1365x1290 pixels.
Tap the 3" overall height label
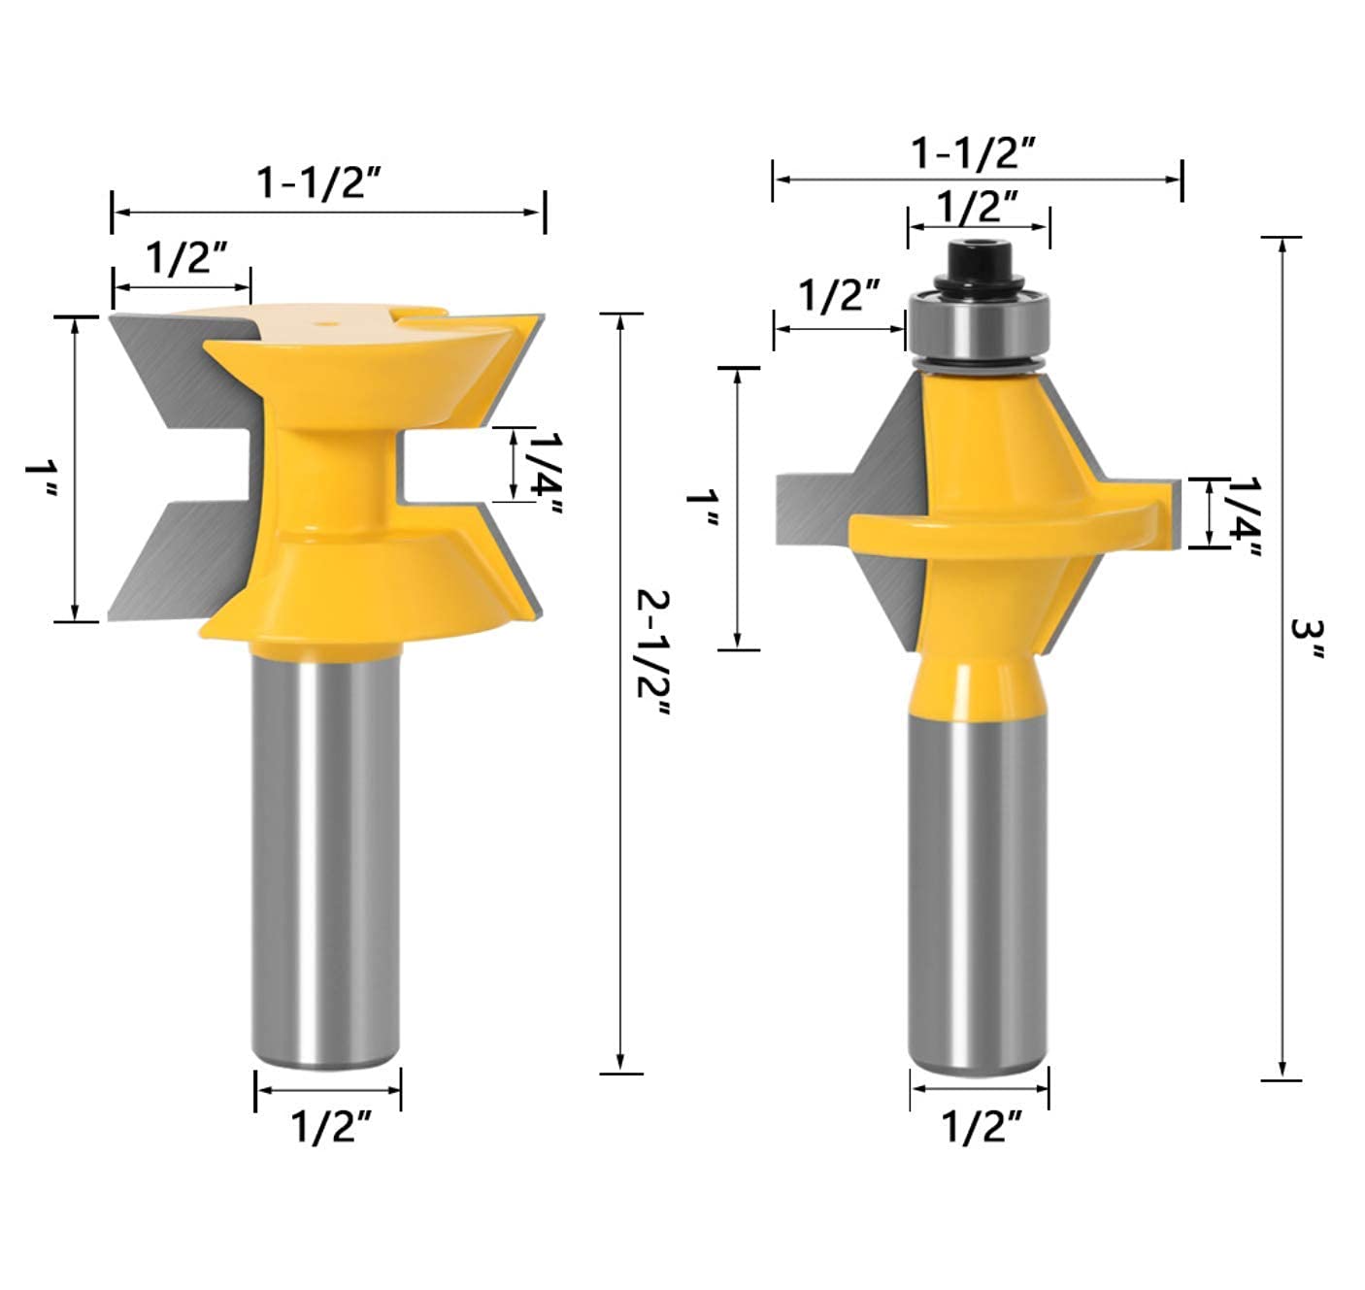tap(1308, 639)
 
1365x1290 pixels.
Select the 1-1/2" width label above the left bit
tap(319, 182)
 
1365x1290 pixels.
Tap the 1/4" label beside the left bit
tap(546, 475)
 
